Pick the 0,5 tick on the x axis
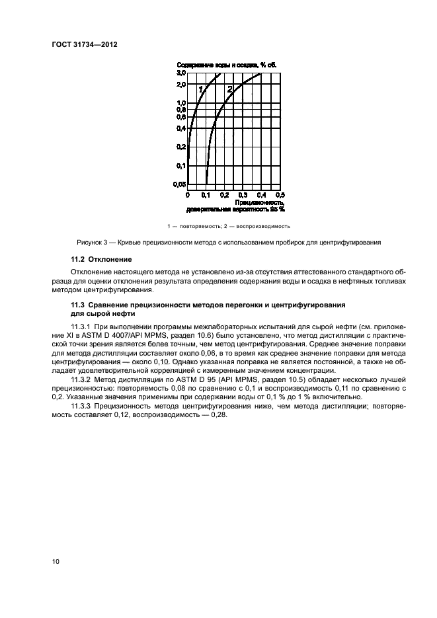[280, 196]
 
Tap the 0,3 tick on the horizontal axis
[243, 196]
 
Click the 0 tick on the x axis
[188, 196]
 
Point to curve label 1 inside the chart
[200, 89]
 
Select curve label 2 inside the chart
[229, 89]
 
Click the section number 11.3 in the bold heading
[79, 304]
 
